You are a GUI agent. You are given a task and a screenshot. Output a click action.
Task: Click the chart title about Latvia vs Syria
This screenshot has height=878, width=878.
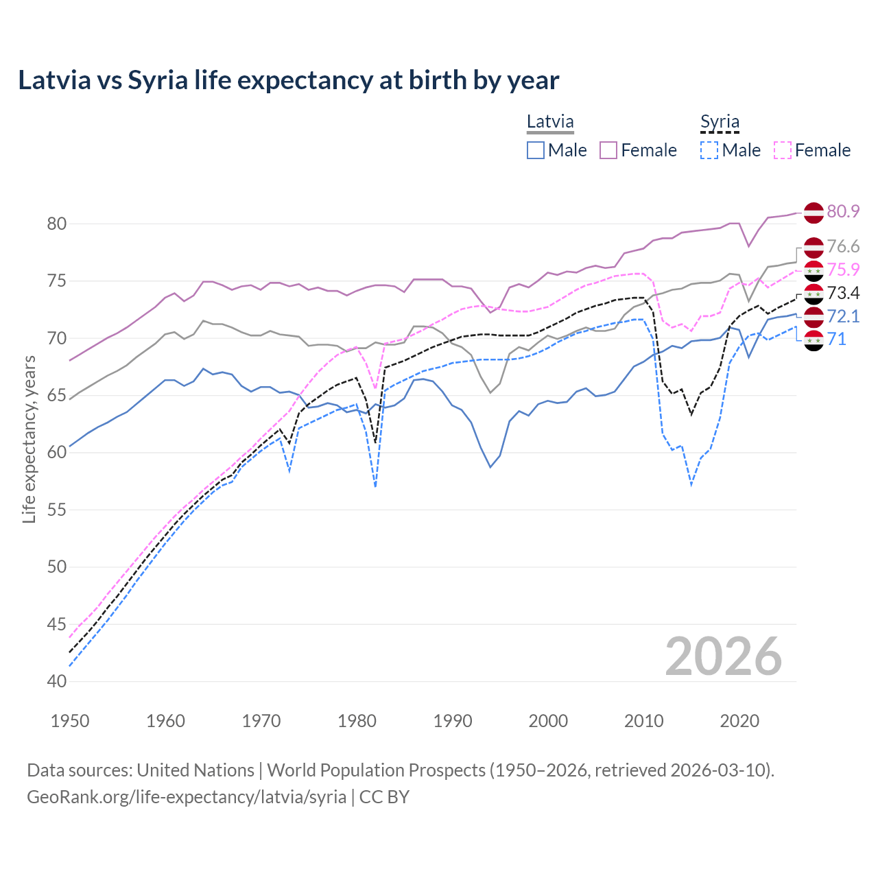(289, 80)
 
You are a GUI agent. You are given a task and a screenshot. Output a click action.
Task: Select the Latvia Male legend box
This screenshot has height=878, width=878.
(536, 150)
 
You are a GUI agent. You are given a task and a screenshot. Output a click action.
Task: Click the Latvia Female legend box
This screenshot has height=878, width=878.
(608, 150)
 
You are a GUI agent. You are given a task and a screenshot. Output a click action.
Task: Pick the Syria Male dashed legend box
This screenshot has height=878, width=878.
(709, 150)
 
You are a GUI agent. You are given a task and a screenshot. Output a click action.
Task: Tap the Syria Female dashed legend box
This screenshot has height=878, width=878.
(783, 150)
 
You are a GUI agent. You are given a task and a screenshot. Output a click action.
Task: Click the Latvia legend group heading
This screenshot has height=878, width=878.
(550, 122)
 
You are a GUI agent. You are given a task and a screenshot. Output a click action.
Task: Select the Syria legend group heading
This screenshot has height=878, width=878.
(720, 122)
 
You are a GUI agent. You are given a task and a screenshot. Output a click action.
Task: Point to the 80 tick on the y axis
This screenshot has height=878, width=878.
(57, 224)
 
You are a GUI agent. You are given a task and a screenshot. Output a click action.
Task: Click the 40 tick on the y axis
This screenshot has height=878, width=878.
(57, 681)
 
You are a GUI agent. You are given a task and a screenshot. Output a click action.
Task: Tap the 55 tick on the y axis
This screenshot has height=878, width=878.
(57, 510)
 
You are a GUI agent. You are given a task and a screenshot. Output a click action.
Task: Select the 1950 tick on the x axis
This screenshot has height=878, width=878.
(70, 721)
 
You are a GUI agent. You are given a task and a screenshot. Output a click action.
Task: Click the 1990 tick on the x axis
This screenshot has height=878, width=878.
(453, 721)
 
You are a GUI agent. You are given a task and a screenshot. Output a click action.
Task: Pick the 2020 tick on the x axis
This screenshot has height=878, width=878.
(739, 721)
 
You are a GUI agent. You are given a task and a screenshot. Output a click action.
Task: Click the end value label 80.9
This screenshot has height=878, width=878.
(843, 211)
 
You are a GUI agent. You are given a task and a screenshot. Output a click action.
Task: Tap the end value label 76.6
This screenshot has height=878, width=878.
(843, 246)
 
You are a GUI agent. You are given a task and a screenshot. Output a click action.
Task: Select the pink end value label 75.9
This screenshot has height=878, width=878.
(843, 270)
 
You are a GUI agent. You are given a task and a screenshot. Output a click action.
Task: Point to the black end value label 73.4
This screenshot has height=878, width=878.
(843, 294)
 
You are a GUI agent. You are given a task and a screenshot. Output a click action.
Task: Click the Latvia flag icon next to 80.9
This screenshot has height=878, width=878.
(814, 212)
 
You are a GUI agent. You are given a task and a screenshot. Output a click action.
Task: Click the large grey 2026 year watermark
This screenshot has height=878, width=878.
(724, 656)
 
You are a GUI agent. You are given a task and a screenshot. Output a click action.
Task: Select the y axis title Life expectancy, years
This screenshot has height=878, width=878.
(29, 439)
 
